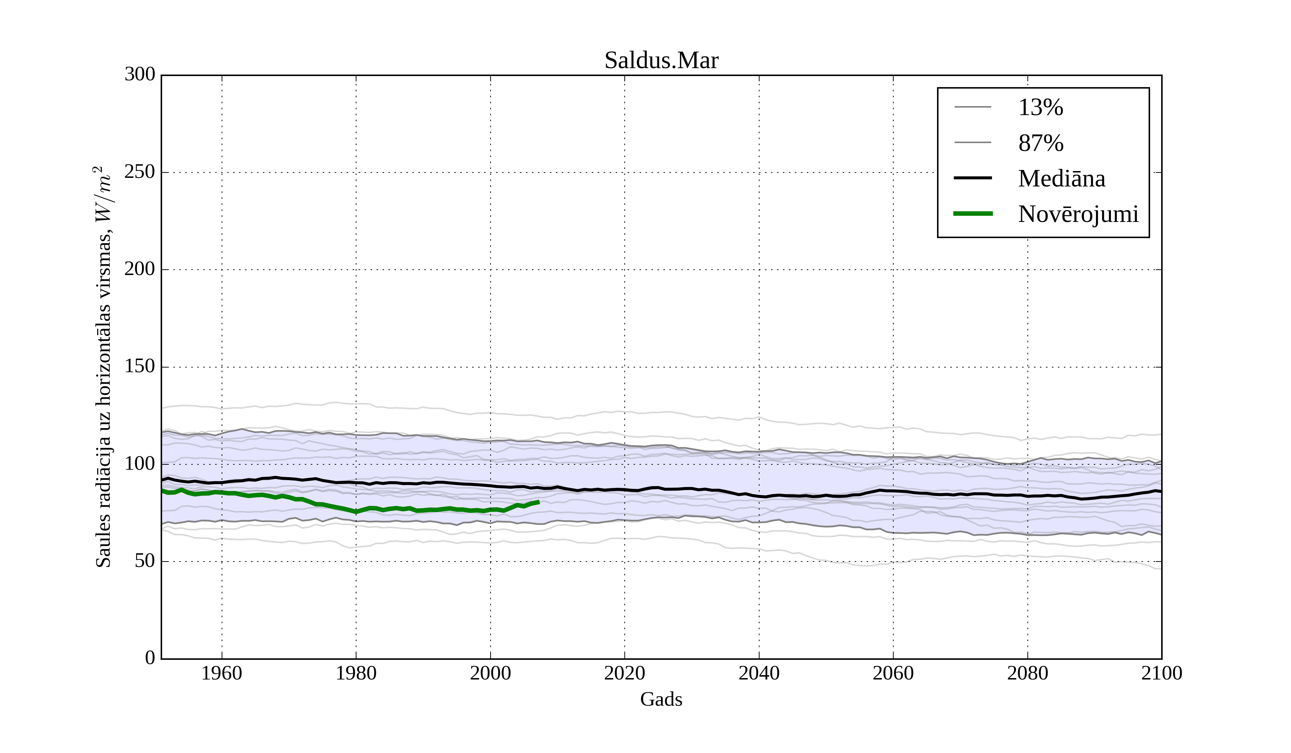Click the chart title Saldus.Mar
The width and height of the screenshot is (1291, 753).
coord(661,61)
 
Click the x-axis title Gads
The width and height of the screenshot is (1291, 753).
coord(661,699)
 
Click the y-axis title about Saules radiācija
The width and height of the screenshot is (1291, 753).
coord(104,367)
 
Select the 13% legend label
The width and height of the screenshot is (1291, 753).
coord(1040,108)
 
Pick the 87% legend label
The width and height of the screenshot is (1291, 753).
coord(1040,143)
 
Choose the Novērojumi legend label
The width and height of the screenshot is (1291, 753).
coord(1078,214)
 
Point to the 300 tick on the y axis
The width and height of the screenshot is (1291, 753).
coord(140,75)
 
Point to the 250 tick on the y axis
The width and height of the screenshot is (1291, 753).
coord(140,172)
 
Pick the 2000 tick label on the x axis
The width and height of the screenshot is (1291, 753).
coord(490,673)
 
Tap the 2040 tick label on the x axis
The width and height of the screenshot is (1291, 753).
coord(759,673)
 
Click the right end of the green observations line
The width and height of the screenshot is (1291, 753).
coord(538,502)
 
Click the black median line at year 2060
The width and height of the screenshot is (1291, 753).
coord(893,491)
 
